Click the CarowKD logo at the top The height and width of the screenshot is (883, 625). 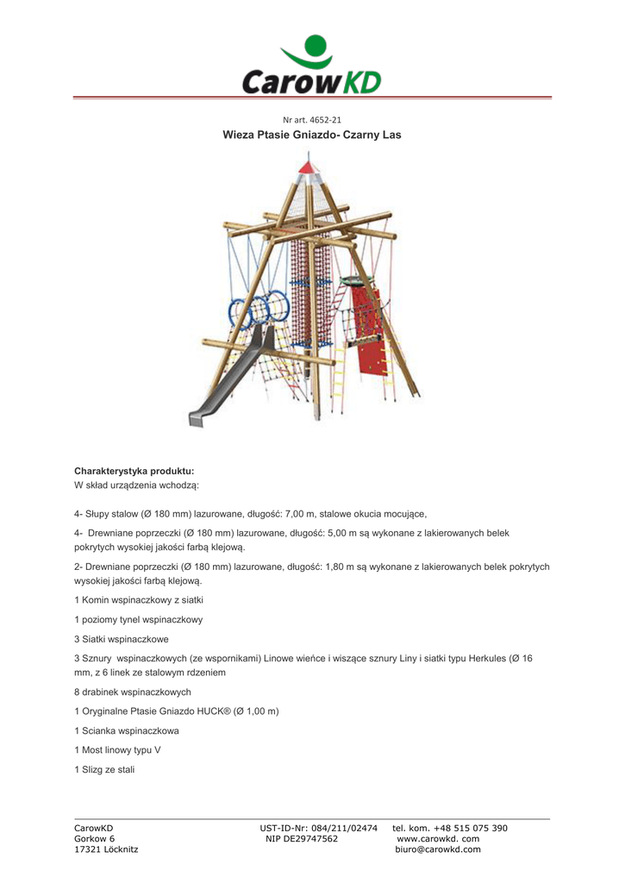click(311, 66)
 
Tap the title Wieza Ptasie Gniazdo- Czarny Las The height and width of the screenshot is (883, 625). click(311, 135)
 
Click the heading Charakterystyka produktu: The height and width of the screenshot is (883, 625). click(134, 471)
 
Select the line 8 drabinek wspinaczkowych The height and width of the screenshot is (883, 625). click(133, 692)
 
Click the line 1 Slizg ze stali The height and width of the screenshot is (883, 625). click(105, 769)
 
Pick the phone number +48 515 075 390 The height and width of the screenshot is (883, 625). click(470, 829)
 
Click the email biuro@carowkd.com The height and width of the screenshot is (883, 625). click(437, 849)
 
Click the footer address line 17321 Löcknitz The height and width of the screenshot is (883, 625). click(106, 849)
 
